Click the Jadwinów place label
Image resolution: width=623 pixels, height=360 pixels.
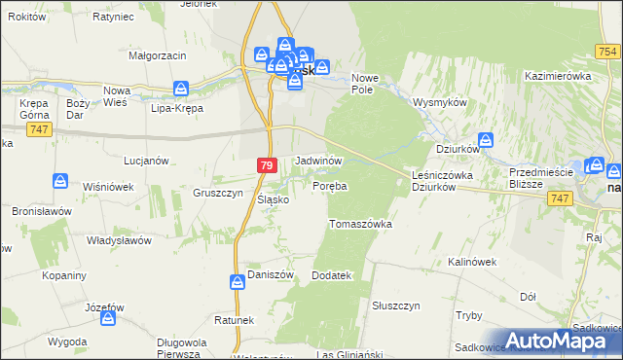click(x=318, y=160)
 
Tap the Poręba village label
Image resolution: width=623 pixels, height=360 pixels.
click(x=330, y=185)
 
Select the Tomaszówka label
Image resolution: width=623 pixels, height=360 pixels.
click(x=360, y=224)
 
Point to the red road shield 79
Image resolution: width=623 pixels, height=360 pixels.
click(x=267, y=166)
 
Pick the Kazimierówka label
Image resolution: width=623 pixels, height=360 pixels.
click(x=558, y=75)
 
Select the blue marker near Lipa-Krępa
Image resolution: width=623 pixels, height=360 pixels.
click(x=181, y=89)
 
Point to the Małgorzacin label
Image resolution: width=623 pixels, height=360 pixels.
click(x=158, y=56)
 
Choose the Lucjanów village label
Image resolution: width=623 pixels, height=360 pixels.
click(x=147, y=160)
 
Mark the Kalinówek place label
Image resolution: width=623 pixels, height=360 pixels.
click(x=472, y=262)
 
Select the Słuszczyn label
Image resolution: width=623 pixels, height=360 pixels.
click(x=395, y=306)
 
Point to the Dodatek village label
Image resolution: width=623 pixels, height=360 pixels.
click(x=330, y=276)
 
